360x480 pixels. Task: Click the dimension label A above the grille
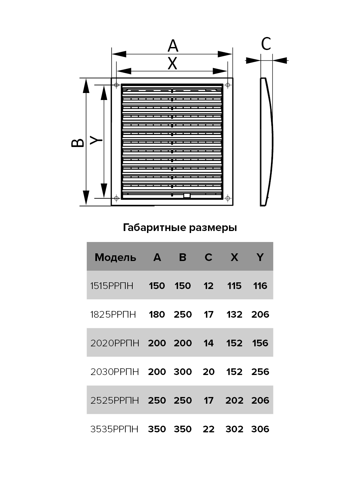(x=173, y=46)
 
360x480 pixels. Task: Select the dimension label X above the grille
(x=172, y=63)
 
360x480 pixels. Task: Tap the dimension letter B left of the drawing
(x=78, y=142)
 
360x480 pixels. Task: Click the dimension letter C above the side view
(x=266, y=44)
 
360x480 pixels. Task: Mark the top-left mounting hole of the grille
(x=116, y=85)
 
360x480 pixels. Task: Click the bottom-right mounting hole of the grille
(x=228, y=198)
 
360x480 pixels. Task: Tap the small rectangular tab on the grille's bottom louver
(x=187, y=196)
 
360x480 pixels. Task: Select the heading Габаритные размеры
(x=180, y=228)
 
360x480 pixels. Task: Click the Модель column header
(x=115, y=257)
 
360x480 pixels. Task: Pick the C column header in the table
(x=208, y=257)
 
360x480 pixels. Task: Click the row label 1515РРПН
(x=112, y=286)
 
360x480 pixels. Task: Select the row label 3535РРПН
(x=114, y=429)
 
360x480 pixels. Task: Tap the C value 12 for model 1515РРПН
(x=208, y=286)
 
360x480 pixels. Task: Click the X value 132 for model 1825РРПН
(x=234, y=314)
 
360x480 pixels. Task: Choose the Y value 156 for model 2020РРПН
(x=260, y=343)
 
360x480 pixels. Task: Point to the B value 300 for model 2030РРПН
(x=183, y=372)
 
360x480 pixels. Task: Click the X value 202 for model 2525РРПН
(x=234, y=400)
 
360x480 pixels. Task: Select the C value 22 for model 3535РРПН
(x=208, y=429)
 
